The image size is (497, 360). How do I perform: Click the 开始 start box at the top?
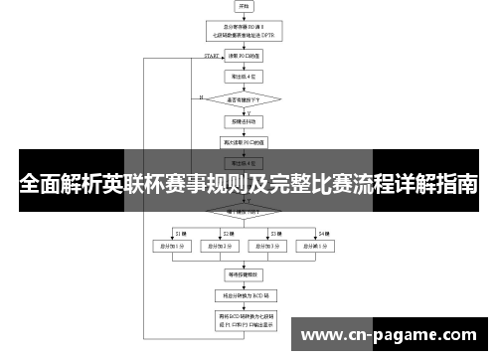coord(245,8)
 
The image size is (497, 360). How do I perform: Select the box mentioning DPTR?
coord(245,33)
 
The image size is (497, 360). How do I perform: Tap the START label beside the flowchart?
coord(212,57)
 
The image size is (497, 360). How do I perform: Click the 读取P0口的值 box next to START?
coord(245,57)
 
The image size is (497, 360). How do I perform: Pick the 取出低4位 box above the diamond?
coord(245,76)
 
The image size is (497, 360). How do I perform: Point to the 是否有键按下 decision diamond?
coord(245,99)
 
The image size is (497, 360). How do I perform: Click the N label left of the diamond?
coord(201,97)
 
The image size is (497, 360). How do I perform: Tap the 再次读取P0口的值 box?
coord(245,142)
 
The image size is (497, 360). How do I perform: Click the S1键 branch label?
coord(181,232)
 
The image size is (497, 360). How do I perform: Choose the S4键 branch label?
coord(323,232)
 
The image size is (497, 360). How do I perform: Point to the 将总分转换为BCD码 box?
coord(245,294)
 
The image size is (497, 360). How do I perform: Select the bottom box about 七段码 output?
coord(245,320)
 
